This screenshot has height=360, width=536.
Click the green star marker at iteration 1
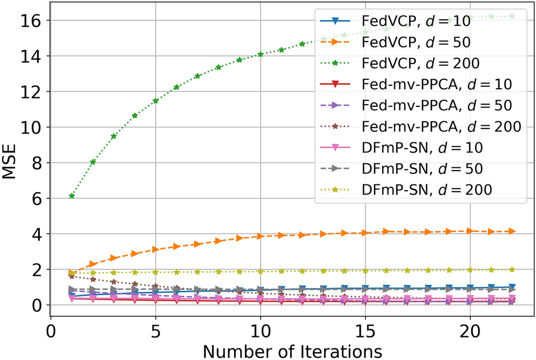point(72,196)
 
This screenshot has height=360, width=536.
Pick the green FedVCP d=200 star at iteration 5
point(156,101)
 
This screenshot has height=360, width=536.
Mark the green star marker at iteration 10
point(260,54)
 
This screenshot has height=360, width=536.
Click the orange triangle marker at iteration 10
point(260,236)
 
